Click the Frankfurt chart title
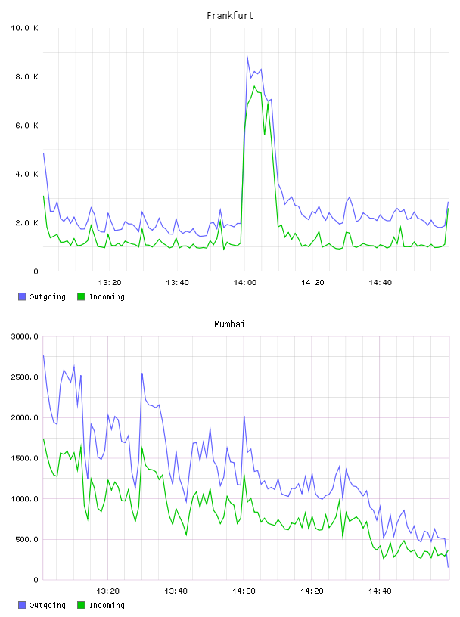click(x=230, y=15)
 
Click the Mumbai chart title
click(x=229, y=324)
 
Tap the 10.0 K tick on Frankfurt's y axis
click(x=24, y=28)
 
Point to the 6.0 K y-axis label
click(x=26, y=125)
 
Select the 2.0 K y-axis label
click(x=26, y=223)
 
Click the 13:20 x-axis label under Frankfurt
click(x=110, y=282)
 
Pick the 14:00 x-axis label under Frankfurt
click(x=245, y=282)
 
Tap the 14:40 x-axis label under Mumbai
click(x=380, y=591)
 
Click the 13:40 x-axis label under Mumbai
click(x=176, y=591)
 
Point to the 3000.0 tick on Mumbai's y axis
click(x=24, y=336)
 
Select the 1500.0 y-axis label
click(x=24, y=458)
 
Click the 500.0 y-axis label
click(x=26, y=539)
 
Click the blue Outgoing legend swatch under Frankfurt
click(x=22, y=296)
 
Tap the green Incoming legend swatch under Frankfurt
click(x=81, y=296)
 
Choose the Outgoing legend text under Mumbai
click(x=47, y=605)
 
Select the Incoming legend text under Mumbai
click(x=107, y=605)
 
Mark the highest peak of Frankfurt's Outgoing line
click(x=247, y=56)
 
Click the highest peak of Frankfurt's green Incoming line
click(x=254, y=85)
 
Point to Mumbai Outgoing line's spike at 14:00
click(x=244, y=416)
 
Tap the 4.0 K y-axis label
click(x=26, y=174)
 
